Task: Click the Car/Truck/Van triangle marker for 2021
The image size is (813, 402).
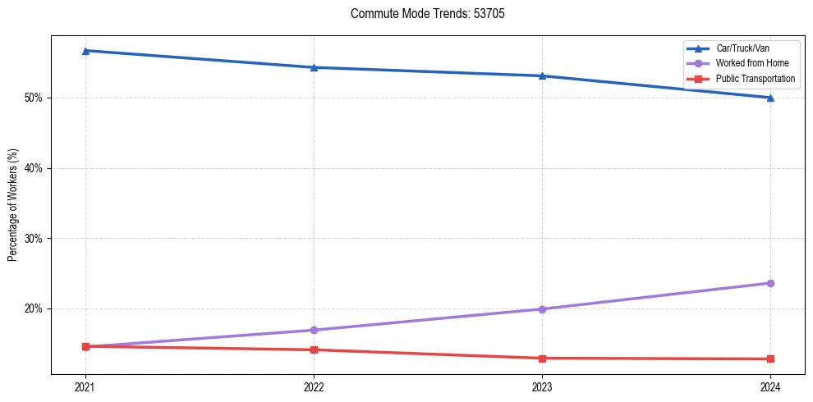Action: (85, 51)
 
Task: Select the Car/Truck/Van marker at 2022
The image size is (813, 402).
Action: (314, 67)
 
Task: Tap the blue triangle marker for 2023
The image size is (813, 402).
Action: (542, 75)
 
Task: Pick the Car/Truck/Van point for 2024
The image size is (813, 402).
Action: (770, 98)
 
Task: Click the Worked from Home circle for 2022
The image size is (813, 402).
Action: (314, 330)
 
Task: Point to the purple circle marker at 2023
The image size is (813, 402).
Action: (542, 309)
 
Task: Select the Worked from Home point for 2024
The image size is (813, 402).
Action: (770, 283)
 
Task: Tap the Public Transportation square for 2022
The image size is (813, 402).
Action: (314, 349)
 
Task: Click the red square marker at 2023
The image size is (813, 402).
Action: (542, 359)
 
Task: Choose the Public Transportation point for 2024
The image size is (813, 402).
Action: (770, 359)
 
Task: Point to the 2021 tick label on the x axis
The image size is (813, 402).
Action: (85, 386)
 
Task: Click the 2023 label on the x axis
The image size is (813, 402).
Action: (542, 386)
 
